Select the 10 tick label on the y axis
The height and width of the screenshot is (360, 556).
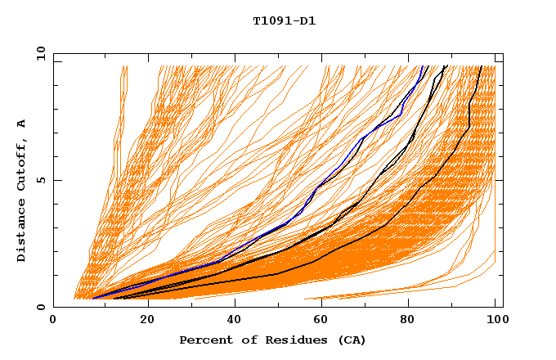[38, 52]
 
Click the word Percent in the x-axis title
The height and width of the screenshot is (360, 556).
[202, 340]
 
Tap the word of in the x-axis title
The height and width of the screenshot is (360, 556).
[243, 340]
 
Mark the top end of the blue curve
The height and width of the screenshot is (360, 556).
[424, 66]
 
